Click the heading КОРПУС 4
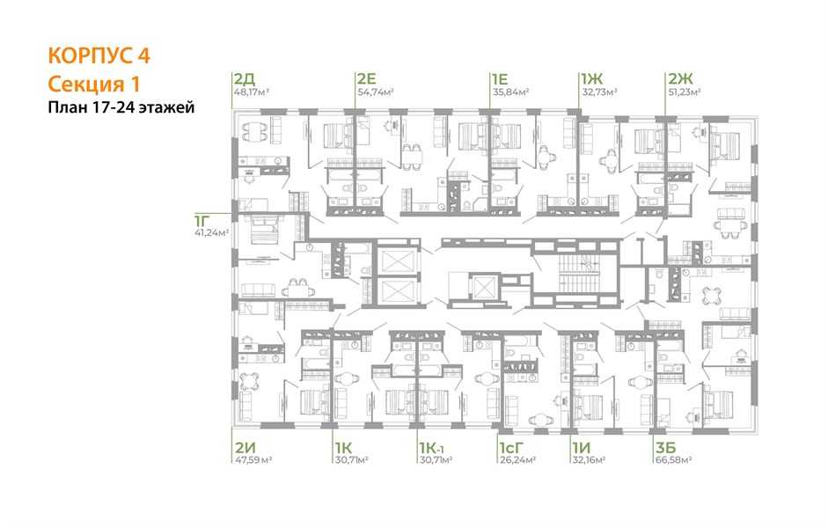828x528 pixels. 99,56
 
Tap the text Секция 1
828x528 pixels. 94,84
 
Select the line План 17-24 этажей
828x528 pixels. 121,107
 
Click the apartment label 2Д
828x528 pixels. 245,79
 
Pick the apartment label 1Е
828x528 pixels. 500,79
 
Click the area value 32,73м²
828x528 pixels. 599,92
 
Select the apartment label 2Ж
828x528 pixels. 680,79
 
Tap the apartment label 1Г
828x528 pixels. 202,220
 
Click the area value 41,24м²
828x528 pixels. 212,232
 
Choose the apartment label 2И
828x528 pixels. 245,448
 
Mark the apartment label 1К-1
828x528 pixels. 432,448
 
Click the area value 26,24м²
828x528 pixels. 517,460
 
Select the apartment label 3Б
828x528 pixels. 666,448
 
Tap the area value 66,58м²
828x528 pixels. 674,460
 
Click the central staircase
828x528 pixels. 575,274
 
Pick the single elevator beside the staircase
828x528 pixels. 483,287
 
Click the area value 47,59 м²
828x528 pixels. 253,460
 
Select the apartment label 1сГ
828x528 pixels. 513,448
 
